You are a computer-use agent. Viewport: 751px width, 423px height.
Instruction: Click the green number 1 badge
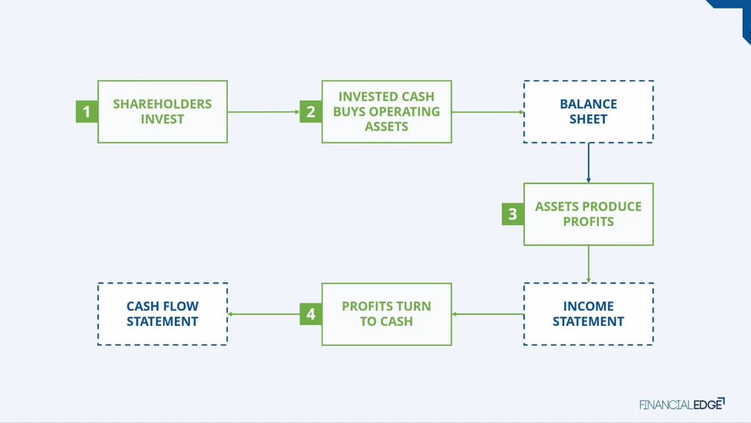[87, 112]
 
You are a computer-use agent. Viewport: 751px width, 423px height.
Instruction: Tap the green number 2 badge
[311, 112]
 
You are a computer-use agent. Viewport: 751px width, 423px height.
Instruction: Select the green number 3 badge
[513, 214]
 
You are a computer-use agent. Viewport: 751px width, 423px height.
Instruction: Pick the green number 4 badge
[311, 314]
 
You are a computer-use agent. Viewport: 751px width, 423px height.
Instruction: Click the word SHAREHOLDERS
[162, 104]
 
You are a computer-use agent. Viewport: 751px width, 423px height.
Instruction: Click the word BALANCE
[588, 104]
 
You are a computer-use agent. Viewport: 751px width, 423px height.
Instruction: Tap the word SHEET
[588, 119]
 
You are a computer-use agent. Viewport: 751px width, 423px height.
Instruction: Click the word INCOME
[588, 306]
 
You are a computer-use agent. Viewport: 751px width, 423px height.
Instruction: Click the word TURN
[414, 306]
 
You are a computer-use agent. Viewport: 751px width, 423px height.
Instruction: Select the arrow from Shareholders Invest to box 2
[263, 112]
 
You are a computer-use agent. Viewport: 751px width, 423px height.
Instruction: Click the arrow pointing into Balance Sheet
[488, 112]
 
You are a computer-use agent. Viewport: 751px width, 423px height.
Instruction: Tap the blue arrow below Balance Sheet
[588, 163]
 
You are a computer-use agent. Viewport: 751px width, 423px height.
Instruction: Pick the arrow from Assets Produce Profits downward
[588, 264]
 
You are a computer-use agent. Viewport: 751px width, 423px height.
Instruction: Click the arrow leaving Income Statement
[488, 314]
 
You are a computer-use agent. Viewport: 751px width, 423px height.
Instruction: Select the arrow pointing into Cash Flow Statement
[263, 314]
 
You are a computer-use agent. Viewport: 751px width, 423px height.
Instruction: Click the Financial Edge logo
[682, 404]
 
